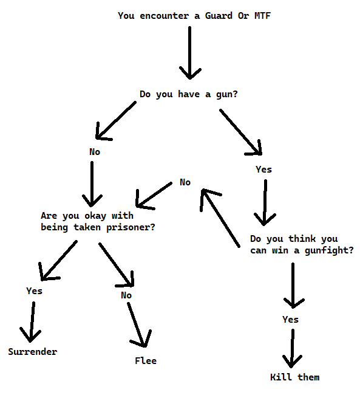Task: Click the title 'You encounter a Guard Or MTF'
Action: tap(194, 16)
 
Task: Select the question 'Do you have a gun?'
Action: tap(189, 94)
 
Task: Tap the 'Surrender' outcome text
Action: tap(32, 352)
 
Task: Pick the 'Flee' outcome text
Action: tap(146, 361)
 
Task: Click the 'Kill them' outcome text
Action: tap(295, 377)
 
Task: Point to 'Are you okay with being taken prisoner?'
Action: tap(98, 222)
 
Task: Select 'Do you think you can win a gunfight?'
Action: tap(302, 245)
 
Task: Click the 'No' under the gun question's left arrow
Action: tap(95, 152)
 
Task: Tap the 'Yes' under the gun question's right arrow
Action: tap(263, 170)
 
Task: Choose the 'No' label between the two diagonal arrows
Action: tap(185, 182)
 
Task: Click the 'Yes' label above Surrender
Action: tap(34, 291)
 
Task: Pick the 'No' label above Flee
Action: tap(126, 295)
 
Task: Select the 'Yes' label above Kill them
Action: tap(290, 320)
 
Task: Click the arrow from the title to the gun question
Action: tap(190, 53)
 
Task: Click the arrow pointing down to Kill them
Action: tap(292, 348)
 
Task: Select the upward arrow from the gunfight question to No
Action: tap(220, 218)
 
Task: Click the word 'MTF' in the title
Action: tap(263, 16)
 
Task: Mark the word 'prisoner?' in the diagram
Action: tap(131, 227)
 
